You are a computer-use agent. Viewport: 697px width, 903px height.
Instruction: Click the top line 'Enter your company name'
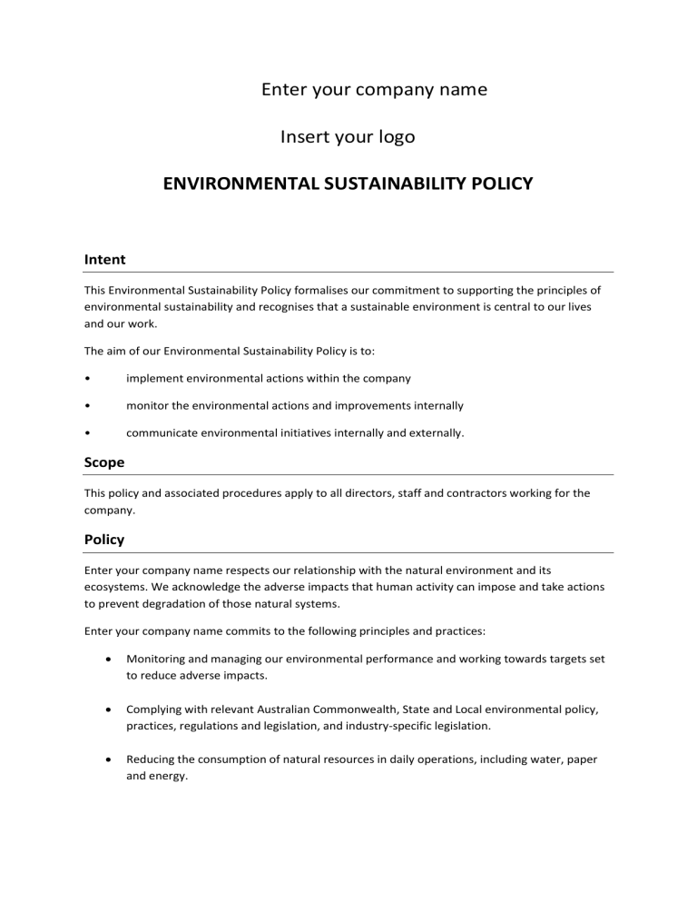tap(374, 89)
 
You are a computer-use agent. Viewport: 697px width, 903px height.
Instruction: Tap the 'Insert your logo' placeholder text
tap(348, 137)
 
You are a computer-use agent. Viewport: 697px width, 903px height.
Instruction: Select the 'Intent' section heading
tap(104, 260)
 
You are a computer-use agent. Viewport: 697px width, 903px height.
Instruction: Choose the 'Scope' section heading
tap(104, 462)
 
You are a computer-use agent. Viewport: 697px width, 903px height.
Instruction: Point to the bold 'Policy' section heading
tap(104, 540)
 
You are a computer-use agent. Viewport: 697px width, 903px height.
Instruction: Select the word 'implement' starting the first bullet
tap(153, 378)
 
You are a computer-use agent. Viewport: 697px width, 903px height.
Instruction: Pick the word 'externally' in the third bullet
tap(434, 434)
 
